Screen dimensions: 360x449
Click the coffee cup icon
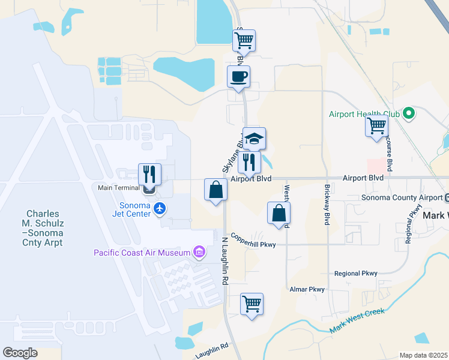pos(239,77)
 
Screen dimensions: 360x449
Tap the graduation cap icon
pos(255,139)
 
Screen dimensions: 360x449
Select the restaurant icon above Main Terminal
pos(150,175)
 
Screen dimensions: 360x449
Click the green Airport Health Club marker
pos(409,113)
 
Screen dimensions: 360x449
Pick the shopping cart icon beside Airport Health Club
pos(377,126)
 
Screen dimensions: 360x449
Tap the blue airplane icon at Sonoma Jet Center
pos(159,208)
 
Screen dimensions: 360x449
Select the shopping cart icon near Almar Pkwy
pos(252,304)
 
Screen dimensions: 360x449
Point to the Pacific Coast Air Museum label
pos(142,253)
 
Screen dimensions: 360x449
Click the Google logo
pos(20,352)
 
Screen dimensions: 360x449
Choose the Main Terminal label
pos(119,188)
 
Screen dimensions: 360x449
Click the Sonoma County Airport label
pos(401,198)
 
